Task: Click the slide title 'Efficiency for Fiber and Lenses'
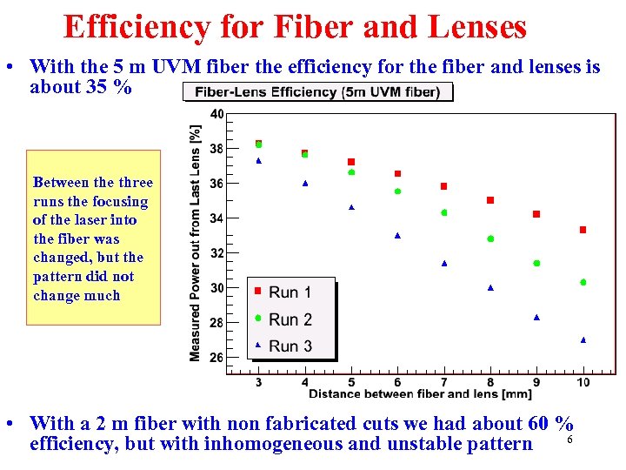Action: tap(295, 27)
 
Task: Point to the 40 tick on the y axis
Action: tap(216, 114)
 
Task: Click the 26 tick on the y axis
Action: tap(216, 358)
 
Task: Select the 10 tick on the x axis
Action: tap(583, 382)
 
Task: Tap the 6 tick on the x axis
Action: tap(397, 382)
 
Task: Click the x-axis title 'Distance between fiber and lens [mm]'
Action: tap(420, 394)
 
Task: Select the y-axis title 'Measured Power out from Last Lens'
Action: tap(196, 242)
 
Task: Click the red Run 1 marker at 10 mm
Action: tap(583, 230)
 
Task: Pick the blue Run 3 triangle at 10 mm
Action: tap(583, 339)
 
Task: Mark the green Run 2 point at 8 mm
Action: tap(490, 238)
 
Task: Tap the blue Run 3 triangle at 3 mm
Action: tap(259, 161)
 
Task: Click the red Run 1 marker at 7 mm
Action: tap(444, 186)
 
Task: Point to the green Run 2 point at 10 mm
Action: tap(583, 282)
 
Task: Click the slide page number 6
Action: tap(569, 440)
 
